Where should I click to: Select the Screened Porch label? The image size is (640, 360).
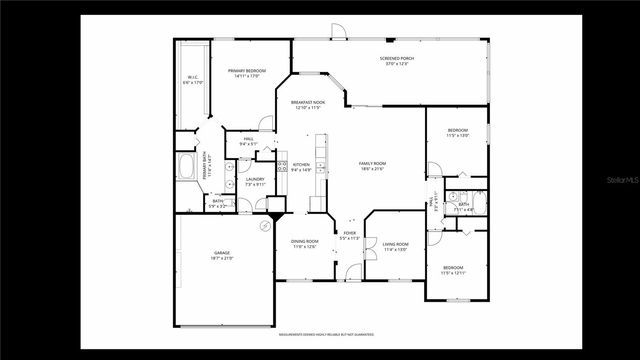click(x=397, y=59)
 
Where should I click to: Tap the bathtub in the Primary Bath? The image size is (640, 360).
click(x=186, y=166)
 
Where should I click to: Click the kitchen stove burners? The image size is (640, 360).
click(x=283, y=167)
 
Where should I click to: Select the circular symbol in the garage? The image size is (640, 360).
click(x=264, y=227)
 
